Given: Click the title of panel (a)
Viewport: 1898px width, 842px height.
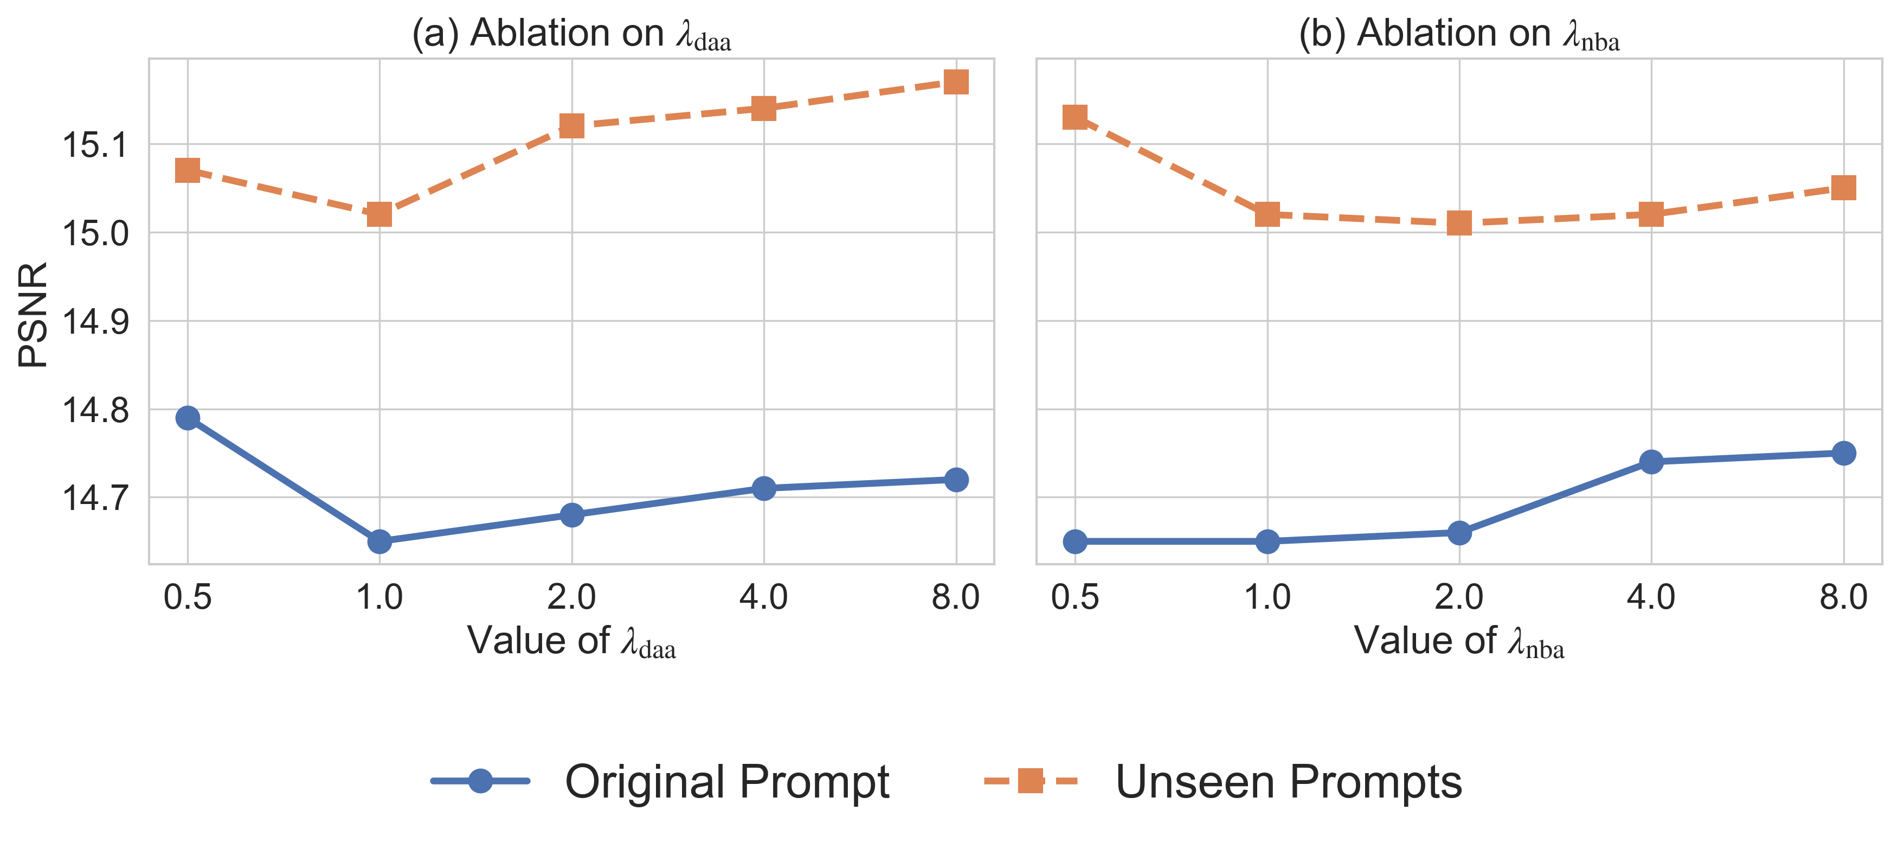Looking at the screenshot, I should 571,34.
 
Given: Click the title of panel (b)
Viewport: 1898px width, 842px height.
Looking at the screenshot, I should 1459,34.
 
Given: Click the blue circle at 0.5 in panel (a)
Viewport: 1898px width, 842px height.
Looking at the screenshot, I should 188,418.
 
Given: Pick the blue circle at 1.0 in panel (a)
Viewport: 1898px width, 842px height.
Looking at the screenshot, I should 379,542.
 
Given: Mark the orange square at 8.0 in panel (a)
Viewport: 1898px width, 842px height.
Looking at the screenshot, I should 956,82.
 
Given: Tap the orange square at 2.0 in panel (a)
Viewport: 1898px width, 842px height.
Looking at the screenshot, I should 572,126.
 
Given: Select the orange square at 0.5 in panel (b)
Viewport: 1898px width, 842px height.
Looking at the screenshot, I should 1075,117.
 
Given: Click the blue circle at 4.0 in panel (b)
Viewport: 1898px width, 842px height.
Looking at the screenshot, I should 1651,462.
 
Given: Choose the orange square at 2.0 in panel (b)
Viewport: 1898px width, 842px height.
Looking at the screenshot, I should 1459,222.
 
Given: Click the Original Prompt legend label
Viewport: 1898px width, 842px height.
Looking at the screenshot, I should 726,782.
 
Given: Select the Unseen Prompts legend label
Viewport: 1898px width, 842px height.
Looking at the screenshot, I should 1288,782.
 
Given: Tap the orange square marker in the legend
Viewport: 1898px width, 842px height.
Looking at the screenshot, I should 1030,780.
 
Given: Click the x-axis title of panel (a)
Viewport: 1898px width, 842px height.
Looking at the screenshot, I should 571,641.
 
